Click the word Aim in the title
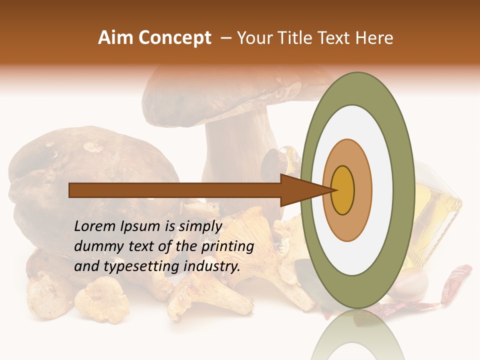[x=116, y=38]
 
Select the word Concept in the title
[x=175, y=38]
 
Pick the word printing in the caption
[x=227, y=247]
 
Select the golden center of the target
[x=342, y=190]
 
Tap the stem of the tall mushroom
[x=235, y=160]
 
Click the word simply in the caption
[x=200, y=226]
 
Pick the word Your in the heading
[x=253, y=38]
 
